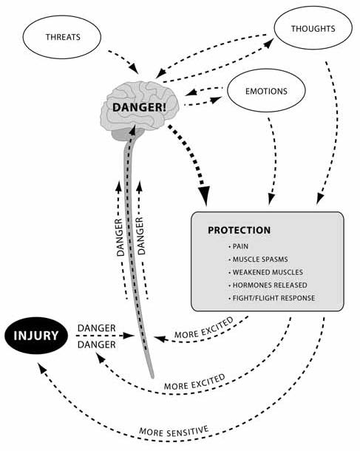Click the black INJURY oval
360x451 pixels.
[36, 336]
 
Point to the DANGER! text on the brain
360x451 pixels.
[139, 107]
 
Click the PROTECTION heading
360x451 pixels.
[240, 230]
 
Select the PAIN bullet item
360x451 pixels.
[238, 246]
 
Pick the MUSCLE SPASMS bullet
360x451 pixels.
[258, 260]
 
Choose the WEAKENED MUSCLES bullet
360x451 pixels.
[265, 272]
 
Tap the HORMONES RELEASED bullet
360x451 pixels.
[268, 285]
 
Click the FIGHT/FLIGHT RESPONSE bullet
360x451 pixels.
[272, 298]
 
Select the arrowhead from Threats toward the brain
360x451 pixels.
[135, 69]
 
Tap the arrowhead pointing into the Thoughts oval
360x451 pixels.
[268, 43]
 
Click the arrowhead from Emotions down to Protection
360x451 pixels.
[271, 199]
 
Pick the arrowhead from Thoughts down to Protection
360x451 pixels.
[319, 199]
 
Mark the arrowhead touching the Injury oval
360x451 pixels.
[42, 367]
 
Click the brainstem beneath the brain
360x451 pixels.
[130, 135]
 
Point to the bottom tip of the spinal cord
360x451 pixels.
[152, 377]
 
